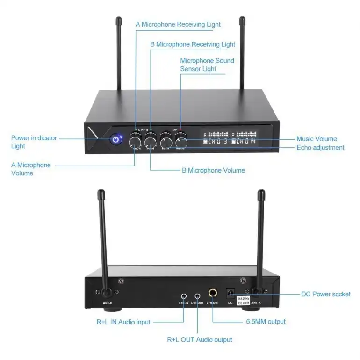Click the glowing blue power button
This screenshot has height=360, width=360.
[115, 139]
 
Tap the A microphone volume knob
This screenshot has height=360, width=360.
[135, 141]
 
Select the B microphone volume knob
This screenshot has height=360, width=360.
[150, 141]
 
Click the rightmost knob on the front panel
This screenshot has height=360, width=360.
[181, 141]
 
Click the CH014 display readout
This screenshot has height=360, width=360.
[245, 141]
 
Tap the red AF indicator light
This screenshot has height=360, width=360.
[181, 130]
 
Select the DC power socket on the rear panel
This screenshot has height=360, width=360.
[230, 293]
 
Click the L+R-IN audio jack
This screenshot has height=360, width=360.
[184, 296]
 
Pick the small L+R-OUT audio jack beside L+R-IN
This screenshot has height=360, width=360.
[197, 296]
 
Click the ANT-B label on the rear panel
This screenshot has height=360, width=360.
[108, 303]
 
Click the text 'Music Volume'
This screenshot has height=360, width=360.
[317, 139]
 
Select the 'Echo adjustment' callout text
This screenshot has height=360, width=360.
[320, 147]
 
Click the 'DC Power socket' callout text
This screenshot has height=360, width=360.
[325, 294]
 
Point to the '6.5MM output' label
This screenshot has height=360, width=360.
[266, 321]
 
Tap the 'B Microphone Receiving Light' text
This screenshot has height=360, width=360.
[193, 44]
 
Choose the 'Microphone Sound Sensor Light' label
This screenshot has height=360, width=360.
[207, 65]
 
